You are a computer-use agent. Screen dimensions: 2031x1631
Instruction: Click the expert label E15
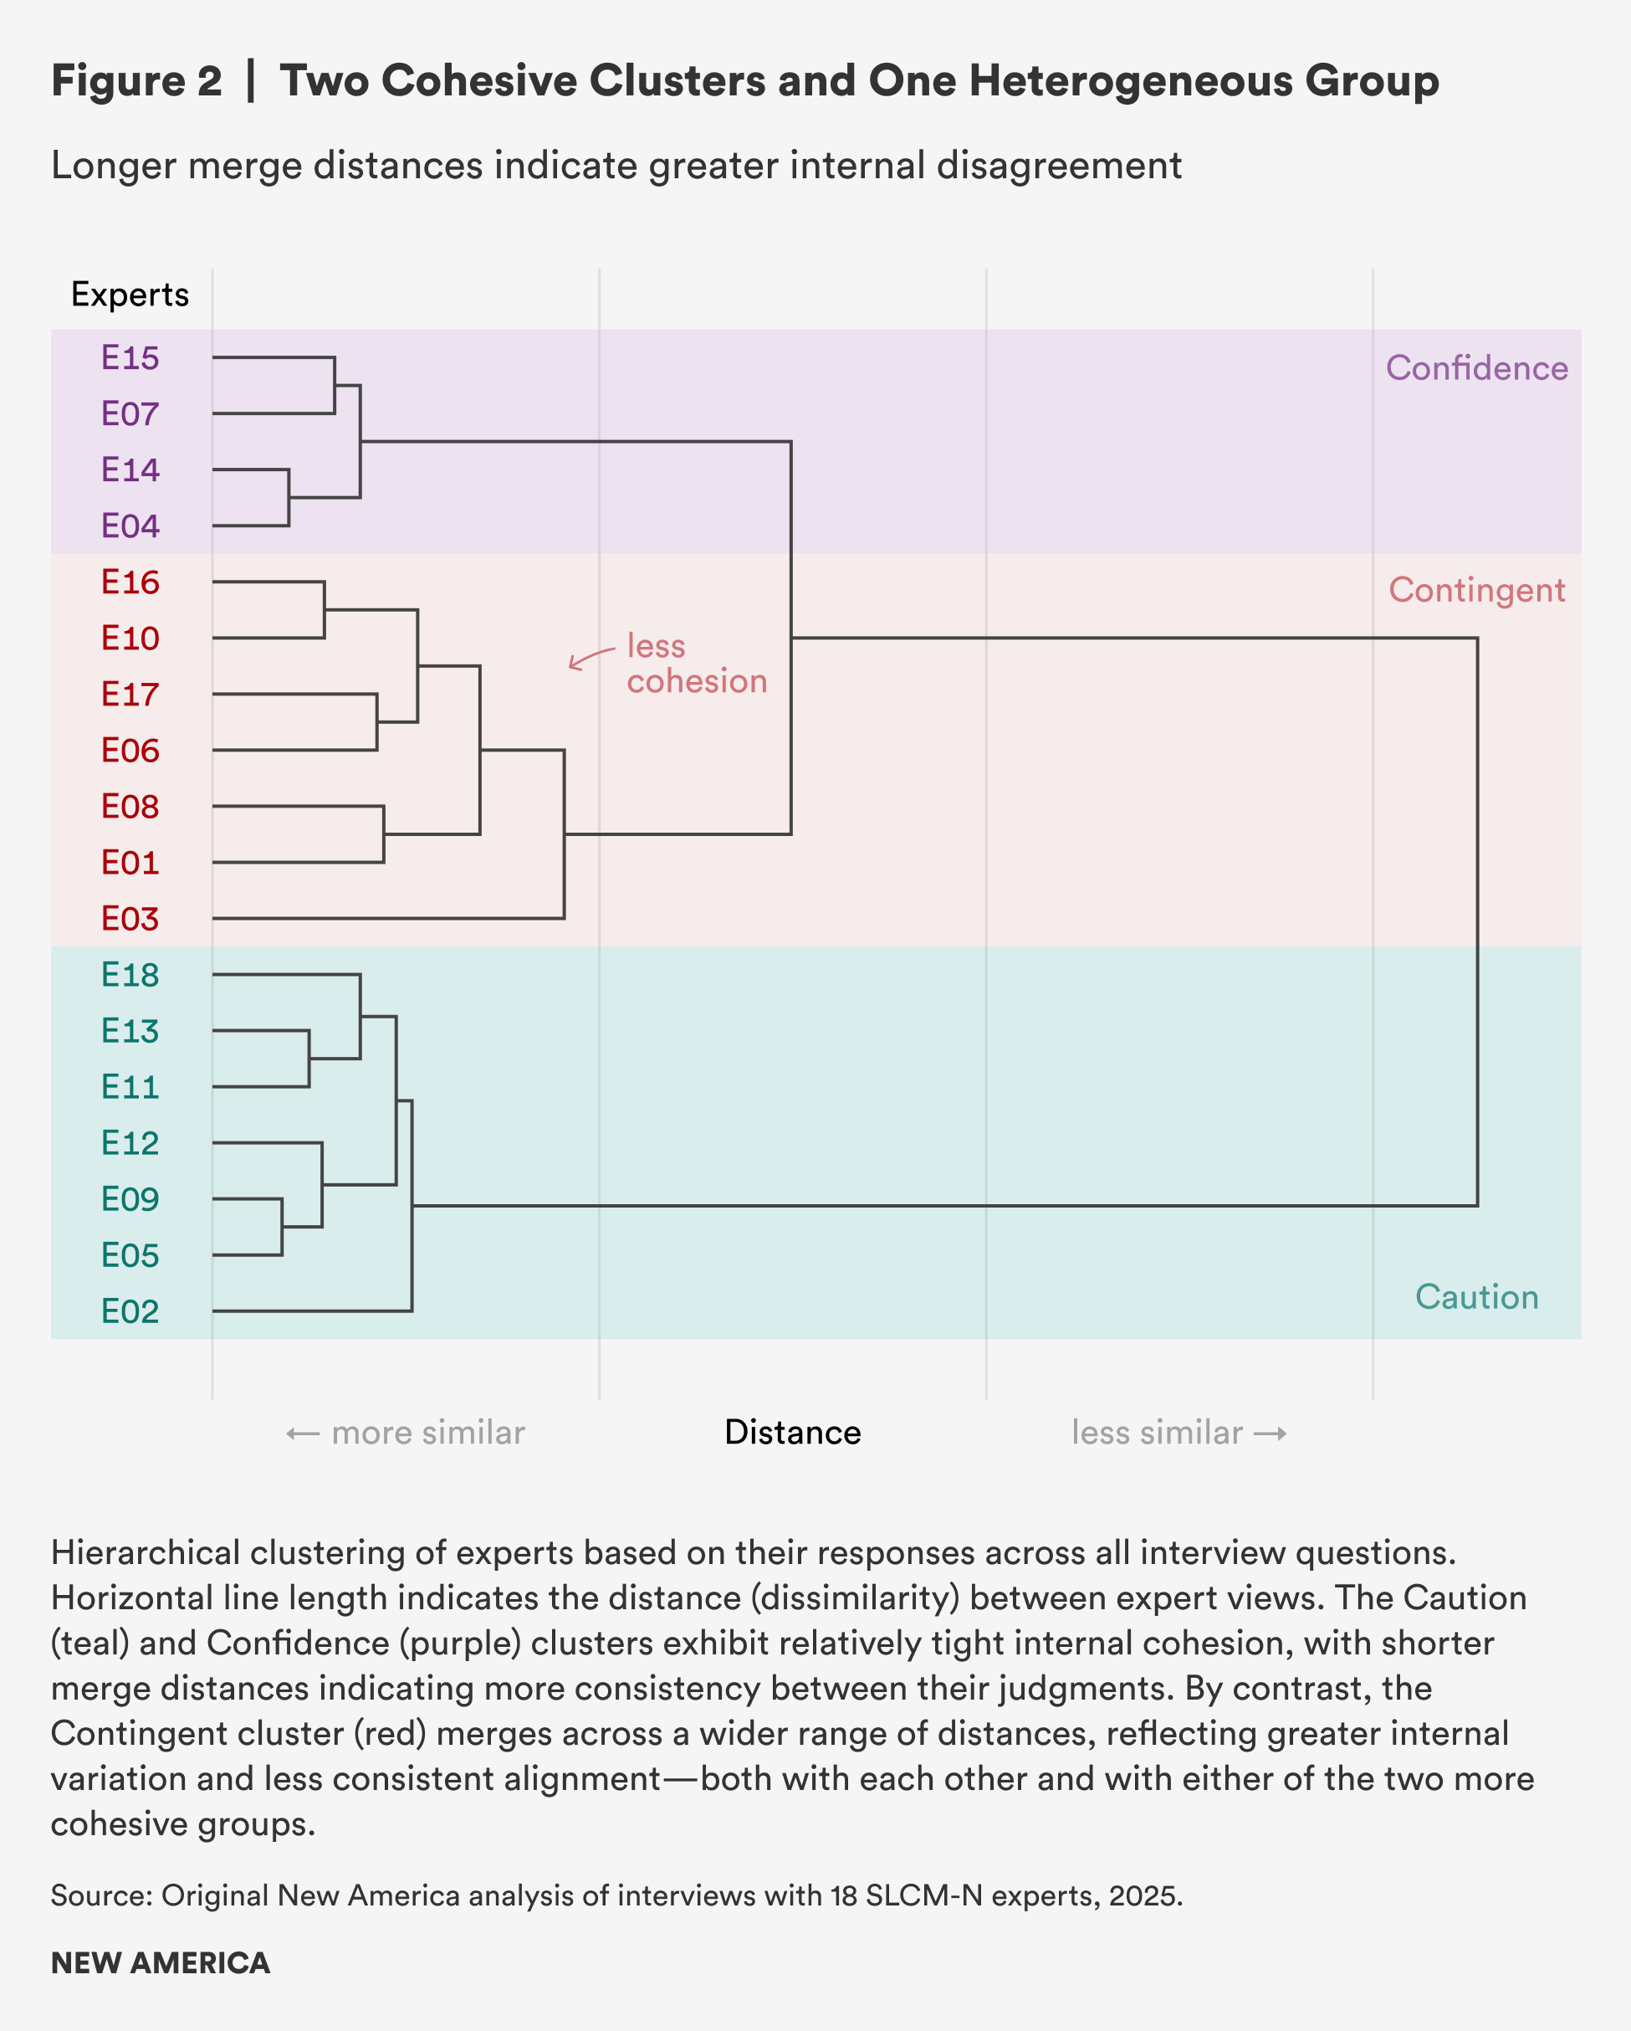[130, 358]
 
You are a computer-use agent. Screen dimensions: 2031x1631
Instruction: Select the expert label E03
[130, 919]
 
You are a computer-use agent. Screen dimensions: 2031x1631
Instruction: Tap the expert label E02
[130, 1311]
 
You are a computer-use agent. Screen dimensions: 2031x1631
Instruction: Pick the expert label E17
[130, 695]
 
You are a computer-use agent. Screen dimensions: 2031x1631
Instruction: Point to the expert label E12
[130, 1142]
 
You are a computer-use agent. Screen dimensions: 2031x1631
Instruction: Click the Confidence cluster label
[1476, 368]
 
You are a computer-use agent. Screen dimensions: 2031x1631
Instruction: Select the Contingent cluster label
[1476, 591]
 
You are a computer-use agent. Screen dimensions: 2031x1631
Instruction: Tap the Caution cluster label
[1476, 1297]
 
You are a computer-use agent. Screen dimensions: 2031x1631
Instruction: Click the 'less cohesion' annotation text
[696, 664]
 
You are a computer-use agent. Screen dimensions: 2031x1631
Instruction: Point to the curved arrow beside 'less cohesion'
[590, 658]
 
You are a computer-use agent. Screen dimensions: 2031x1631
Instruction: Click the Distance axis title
[793, 1433]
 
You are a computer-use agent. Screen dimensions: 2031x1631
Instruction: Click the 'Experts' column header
[130, 295]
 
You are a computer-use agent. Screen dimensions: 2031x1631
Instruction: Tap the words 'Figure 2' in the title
[136, 81]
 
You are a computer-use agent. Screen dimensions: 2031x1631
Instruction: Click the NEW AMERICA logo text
[160, 1963]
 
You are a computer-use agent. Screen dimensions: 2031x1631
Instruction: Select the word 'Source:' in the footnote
[102, 1895]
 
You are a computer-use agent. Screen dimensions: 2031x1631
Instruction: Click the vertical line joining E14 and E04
[289, 497]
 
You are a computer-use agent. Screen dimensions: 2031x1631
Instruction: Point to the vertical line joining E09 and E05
[282, 1227]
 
